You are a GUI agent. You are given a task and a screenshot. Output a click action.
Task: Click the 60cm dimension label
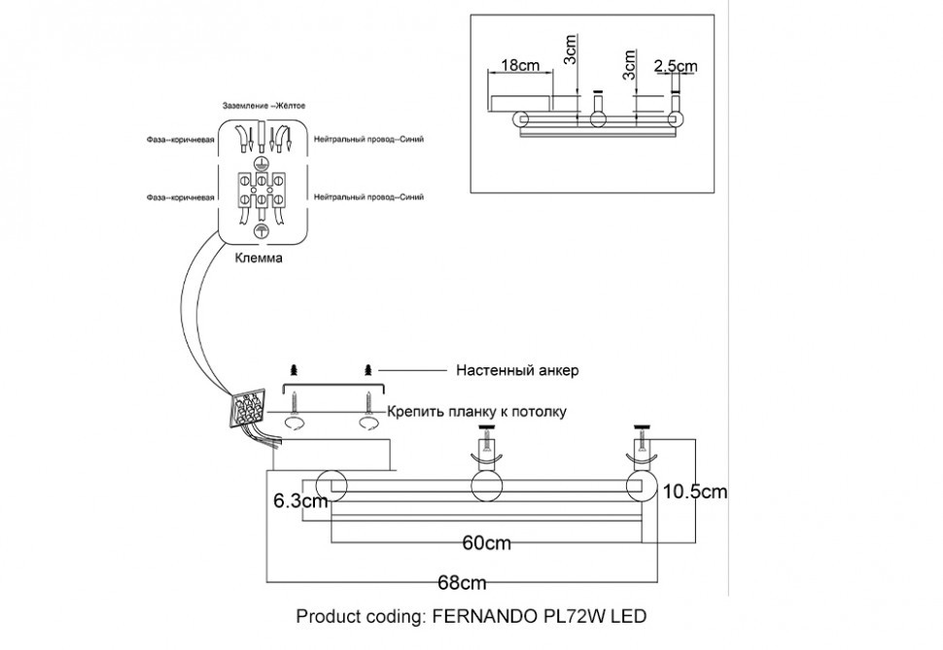pos(487,543)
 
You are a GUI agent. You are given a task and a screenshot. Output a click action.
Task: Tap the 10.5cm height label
pos(695,492)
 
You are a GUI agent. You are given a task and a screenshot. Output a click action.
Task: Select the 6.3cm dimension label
pos(299,501)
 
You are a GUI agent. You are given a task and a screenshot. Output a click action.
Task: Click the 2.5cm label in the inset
pos(676,65)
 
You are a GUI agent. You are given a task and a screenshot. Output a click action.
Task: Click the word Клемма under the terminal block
pos(260,259)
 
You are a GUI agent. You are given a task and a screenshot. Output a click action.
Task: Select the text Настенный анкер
pos(516,370)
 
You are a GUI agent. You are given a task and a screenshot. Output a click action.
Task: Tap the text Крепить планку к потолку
pos(476,411)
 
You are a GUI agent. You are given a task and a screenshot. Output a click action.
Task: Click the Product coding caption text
pos(471,617)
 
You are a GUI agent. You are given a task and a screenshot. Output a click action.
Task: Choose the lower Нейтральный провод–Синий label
pos(369,197)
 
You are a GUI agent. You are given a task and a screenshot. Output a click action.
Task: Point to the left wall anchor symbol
pos(295,370)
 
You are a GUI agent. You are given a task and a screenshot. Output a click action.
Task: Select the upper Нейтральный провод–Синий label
pos(369,140)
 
